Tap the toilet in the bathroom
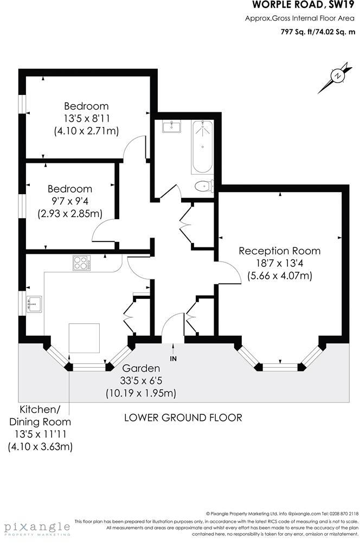pyautogui.click(x=203, y=186)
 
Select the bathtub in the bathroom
pyautogui.click(x=202, y=146)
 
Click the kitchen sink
pyautogui.click(x=34, y=304)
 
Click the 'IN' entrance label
pyautogui.click(x=173, y=359)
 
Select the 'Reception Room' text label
pyautogui.click(x=279, y=251)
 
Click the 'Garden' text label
pyautogui.click(x=144, y=368)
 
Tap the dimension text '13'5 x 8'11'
pyautogui.click(x=86, y=118)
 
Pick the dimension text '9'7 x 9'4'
pyautogui.click(x=70, y=201)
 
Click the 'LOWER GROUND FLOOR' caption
pyautogui.click(x=183, y=418)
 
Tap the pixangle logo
pyautogui.click(x=37, y=527)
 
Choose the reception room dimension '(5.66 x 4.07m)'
pyautogui.click(x=279, y=275)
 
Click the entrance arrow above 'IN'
pyautogui.click(x=173, y=348)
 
